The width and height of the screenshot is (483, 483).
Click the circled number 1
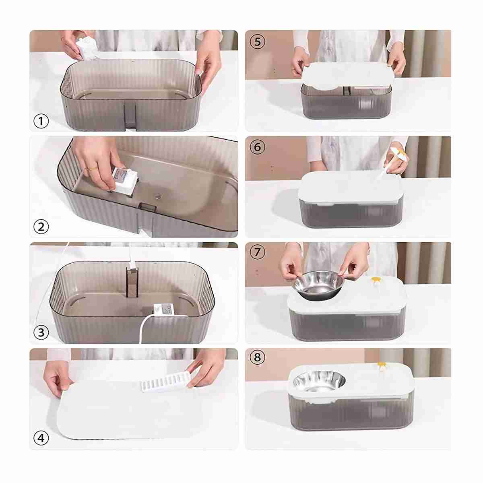(x=41, y=121)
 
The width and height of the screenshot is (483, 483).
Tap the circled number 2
(x=41, y=227)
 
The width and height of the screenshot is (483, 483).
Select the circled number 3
(x=41, y=333)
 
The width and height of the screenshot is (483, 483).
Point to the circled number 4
(x=41, y=438)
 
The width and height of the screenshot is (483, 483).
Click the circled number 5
(x=258, y=41)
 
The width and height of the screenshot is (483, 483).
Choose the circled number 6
(x=258, y=147)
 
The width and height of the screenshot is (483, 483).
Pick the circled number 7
(x=258, y=252)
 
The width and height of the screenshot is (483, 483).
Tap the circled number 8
(x=258, y=357)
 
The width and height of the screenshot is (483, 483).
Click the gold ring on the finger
(x=93, y=169)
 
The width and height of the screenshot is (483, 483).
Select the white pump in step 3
(x=163, y=310)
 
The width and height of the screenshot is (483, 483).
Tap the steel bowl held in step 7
(x=318, y=285)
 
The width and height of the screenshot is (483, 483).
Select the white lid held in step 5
(x=347, y=75)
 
